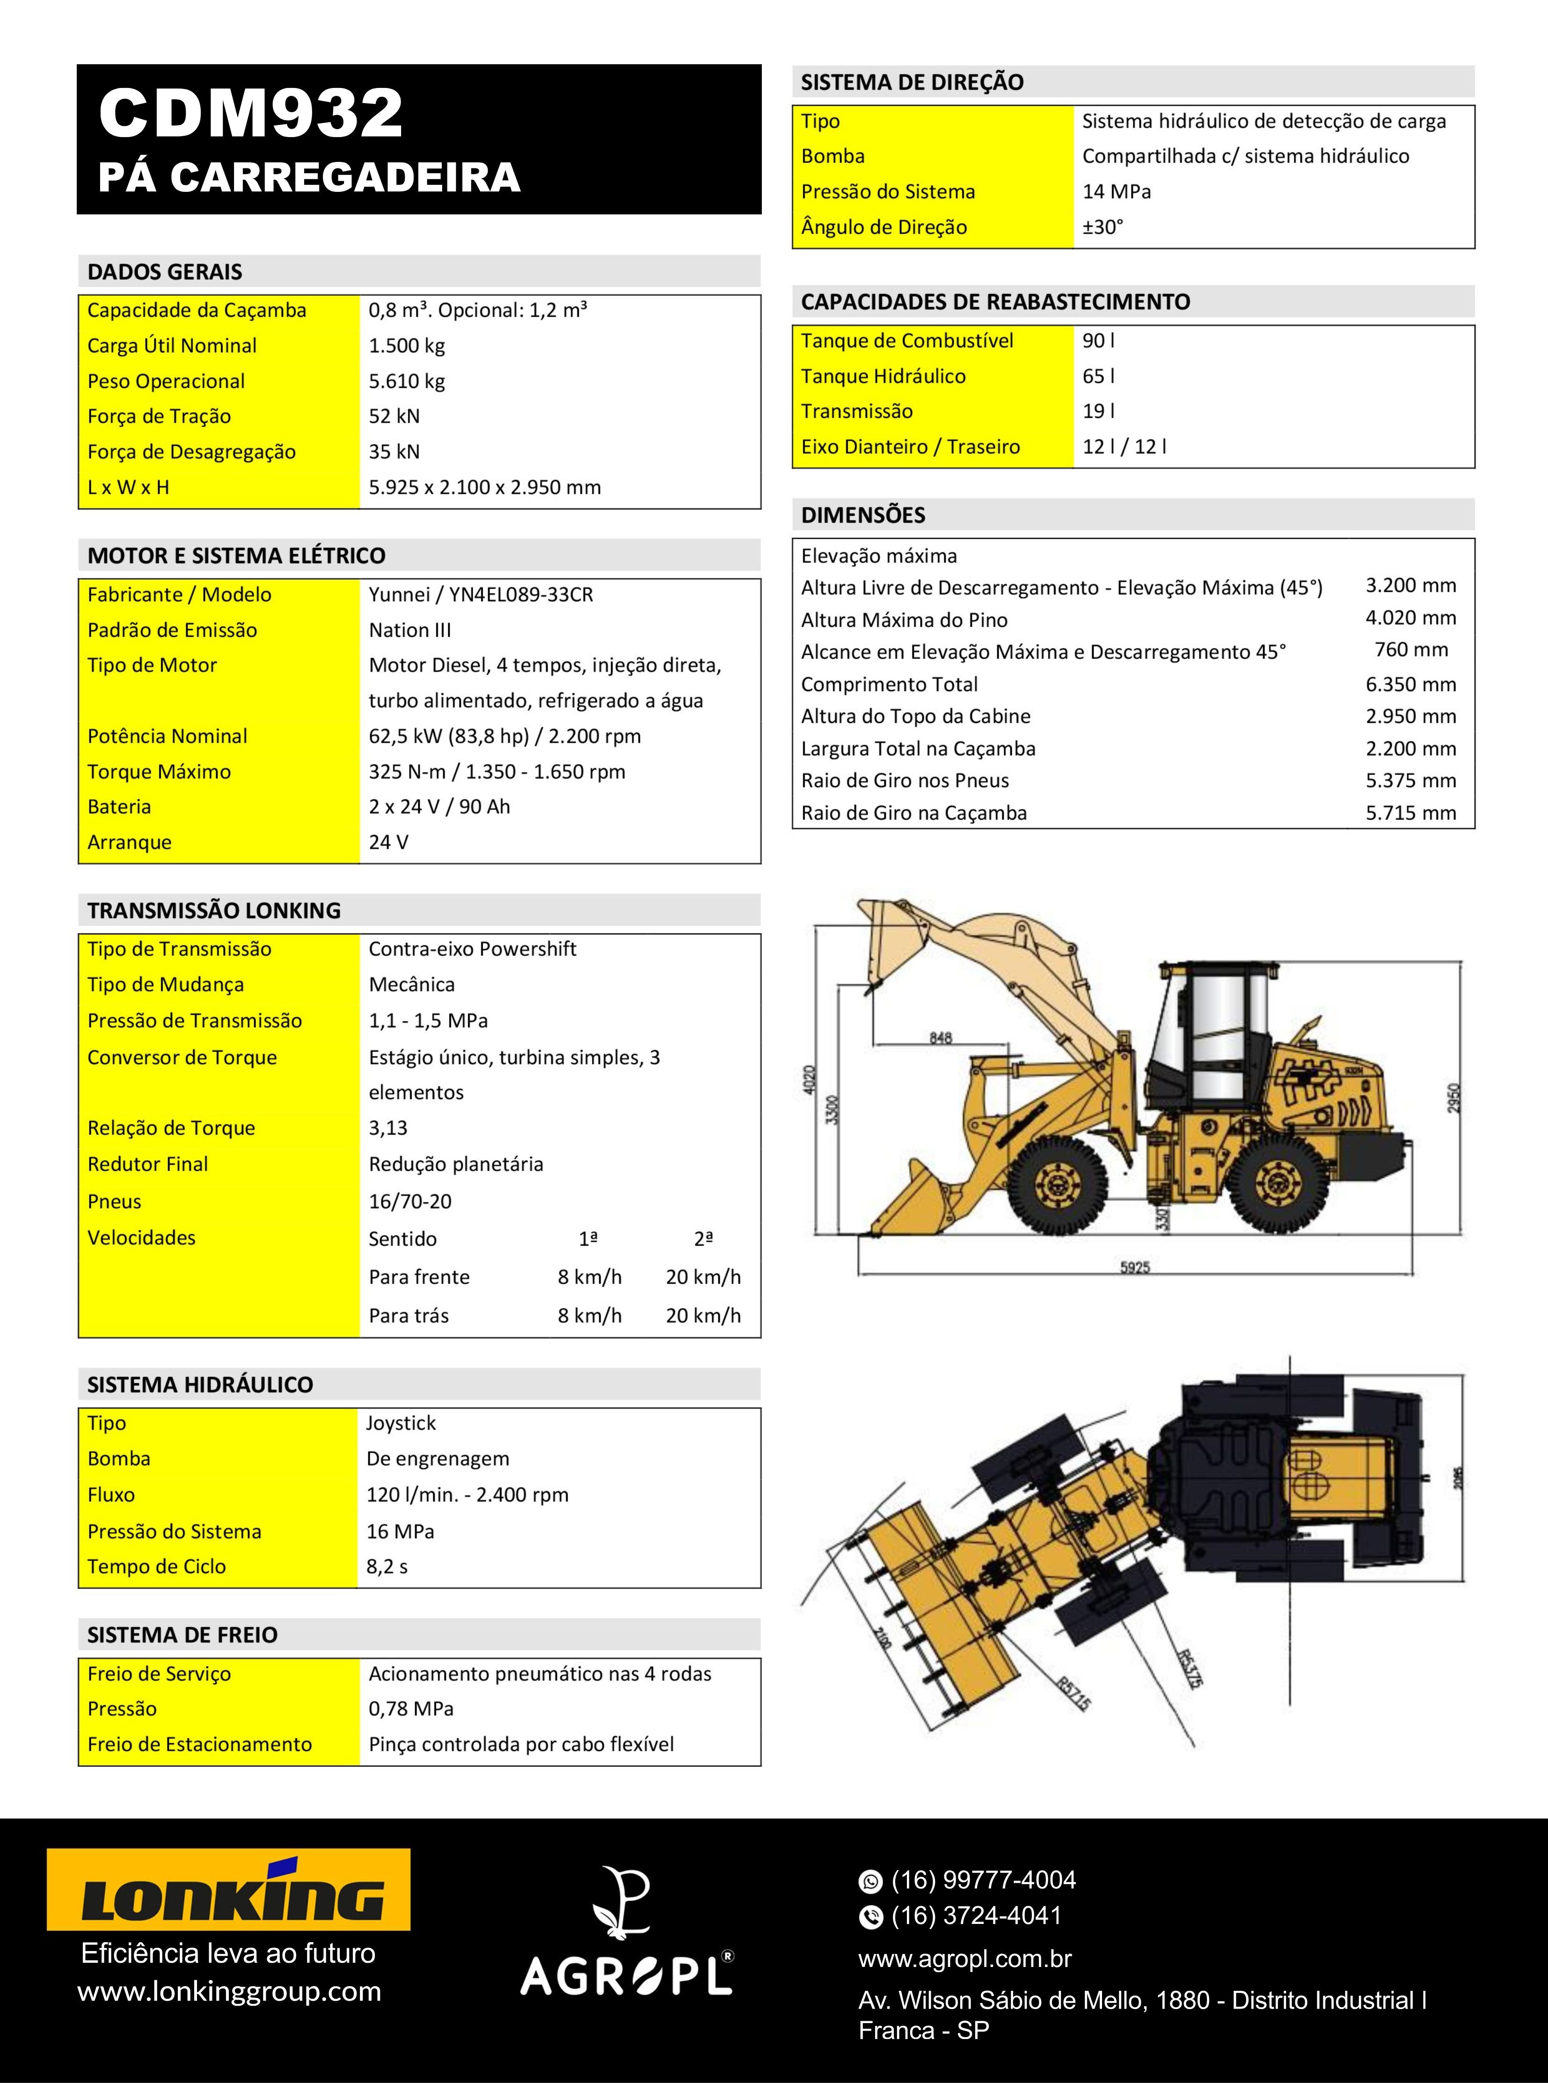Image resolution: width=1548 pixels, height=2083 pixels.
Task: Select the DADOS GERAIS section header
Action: (x=165, y=272)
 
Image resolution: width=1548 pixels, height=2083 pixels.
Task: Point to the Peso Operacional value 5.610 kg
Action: (x=407, y=381)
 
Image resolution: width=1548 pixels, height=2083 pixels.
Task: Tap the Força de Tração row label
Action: (x=159, y=416)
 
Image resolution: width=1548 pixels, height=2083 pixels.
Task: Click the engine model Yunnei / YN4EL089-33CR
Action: (x=481, y=595)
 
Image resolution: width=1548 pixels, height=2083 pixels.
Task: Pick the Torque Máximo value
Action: (x=497, y=772)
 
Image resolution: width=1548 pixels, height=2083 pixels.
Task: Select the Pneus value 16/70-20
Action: (x=409, y=1201)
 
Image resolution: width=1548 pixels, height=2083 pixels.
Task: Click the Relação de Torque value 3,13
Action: (x=388, y=1128)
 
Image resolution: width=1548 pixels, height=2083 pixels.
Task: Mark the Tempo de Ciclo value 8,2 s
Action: (x=387, y=1567)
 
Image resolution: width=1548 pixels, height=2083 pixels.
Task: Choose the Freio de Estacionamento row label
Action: (x=200, y=1745)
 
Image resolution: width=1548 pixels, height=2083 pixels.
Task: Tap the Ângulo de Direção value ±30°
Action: (x=1103, y=227)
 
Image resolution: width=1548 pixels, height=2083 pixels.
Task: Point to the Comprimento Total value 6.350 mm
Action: (x=1410, y=685)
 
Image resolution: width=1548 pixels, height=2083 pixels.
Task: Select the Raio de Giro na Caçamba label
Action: (x=913, y=813)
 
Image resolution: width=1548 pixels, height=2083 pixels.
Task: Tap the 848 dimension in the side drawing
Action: (x=941, y=1037)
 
